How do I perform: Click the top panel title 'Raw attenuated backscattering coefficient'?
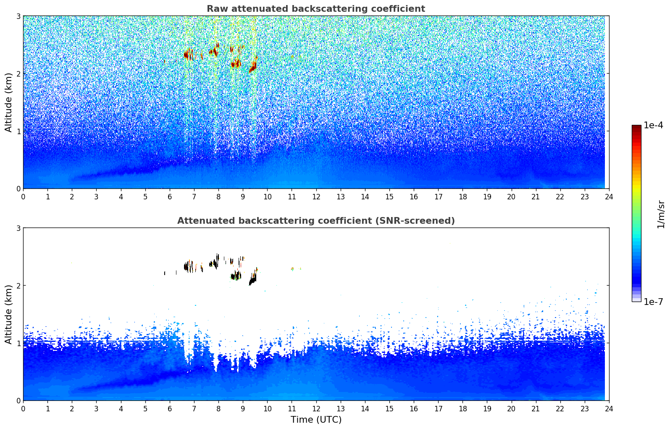click(316, 9)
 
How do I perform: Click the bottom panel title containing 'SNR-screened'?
click(316, 221)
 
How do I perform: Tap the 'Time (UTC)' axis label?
click(316, 420)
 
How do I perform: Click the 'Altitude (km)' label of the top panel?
click(9, 102)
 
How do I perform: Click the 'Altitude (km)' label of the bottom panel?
click(9, 314)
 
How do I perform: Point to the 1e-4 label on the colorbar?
click(653, 125)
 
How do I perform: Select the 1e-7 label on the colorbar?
click(653, 302)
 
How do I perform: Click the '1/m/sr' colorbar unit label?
click(661, 214)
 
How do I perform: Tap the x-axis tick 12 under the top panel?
click(316, 196)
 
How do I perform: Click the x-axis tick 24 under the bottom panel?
click(609, 408)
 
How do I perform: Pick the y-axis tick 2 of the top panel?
click(18, 74)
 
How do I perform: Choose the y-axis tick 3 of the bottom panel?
click(18, 228)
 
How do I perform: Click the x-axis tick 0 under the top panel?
click(23, 196)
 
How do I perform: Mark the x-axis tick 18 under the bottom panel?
click(462, 408)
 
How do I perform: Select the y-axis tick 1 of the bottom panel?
click(18, 343)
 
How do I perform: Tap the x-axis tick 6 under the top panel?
click(170, 196)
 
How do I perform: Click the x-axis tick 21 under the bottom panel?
click(536, 408)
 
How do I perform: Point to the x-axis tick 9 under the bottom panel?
click(243, 408)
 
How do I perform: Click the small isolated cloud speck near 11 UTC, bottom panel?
click(292, 268)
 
